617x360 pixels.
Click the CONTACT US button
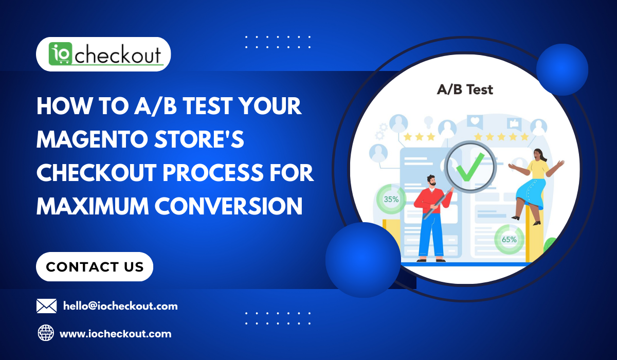[x=95, y=266]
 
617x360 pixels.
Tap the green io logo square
[x=60, y=53]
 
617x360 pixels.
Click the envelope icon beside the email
[x=47, y=306]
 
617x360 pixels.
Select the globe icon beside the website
[x=46, y=333]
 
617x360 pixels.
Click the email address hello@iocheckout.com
[x=120, y=306]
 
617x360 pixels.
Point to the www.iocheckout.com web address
[x=115, y=334]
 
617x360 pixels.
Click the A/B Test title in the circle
[x=465, y=89]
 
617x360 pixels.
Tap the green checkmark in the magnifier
[x=470, y=168]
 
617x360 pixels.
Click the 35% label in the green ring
[x=391, y=199]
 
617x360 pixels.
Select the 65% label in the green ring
[x=509, y=239]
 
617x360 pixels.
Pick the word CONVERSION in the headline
[x=228, y=206]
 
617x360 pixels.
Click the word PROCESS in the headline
[x=213, y=173]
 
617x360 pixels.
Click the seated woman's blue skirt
[x=531, y=193]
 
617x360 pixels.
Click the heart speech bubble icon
[x=475, y=122]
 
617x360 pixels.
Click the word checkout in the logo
[x=118, y=55]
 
